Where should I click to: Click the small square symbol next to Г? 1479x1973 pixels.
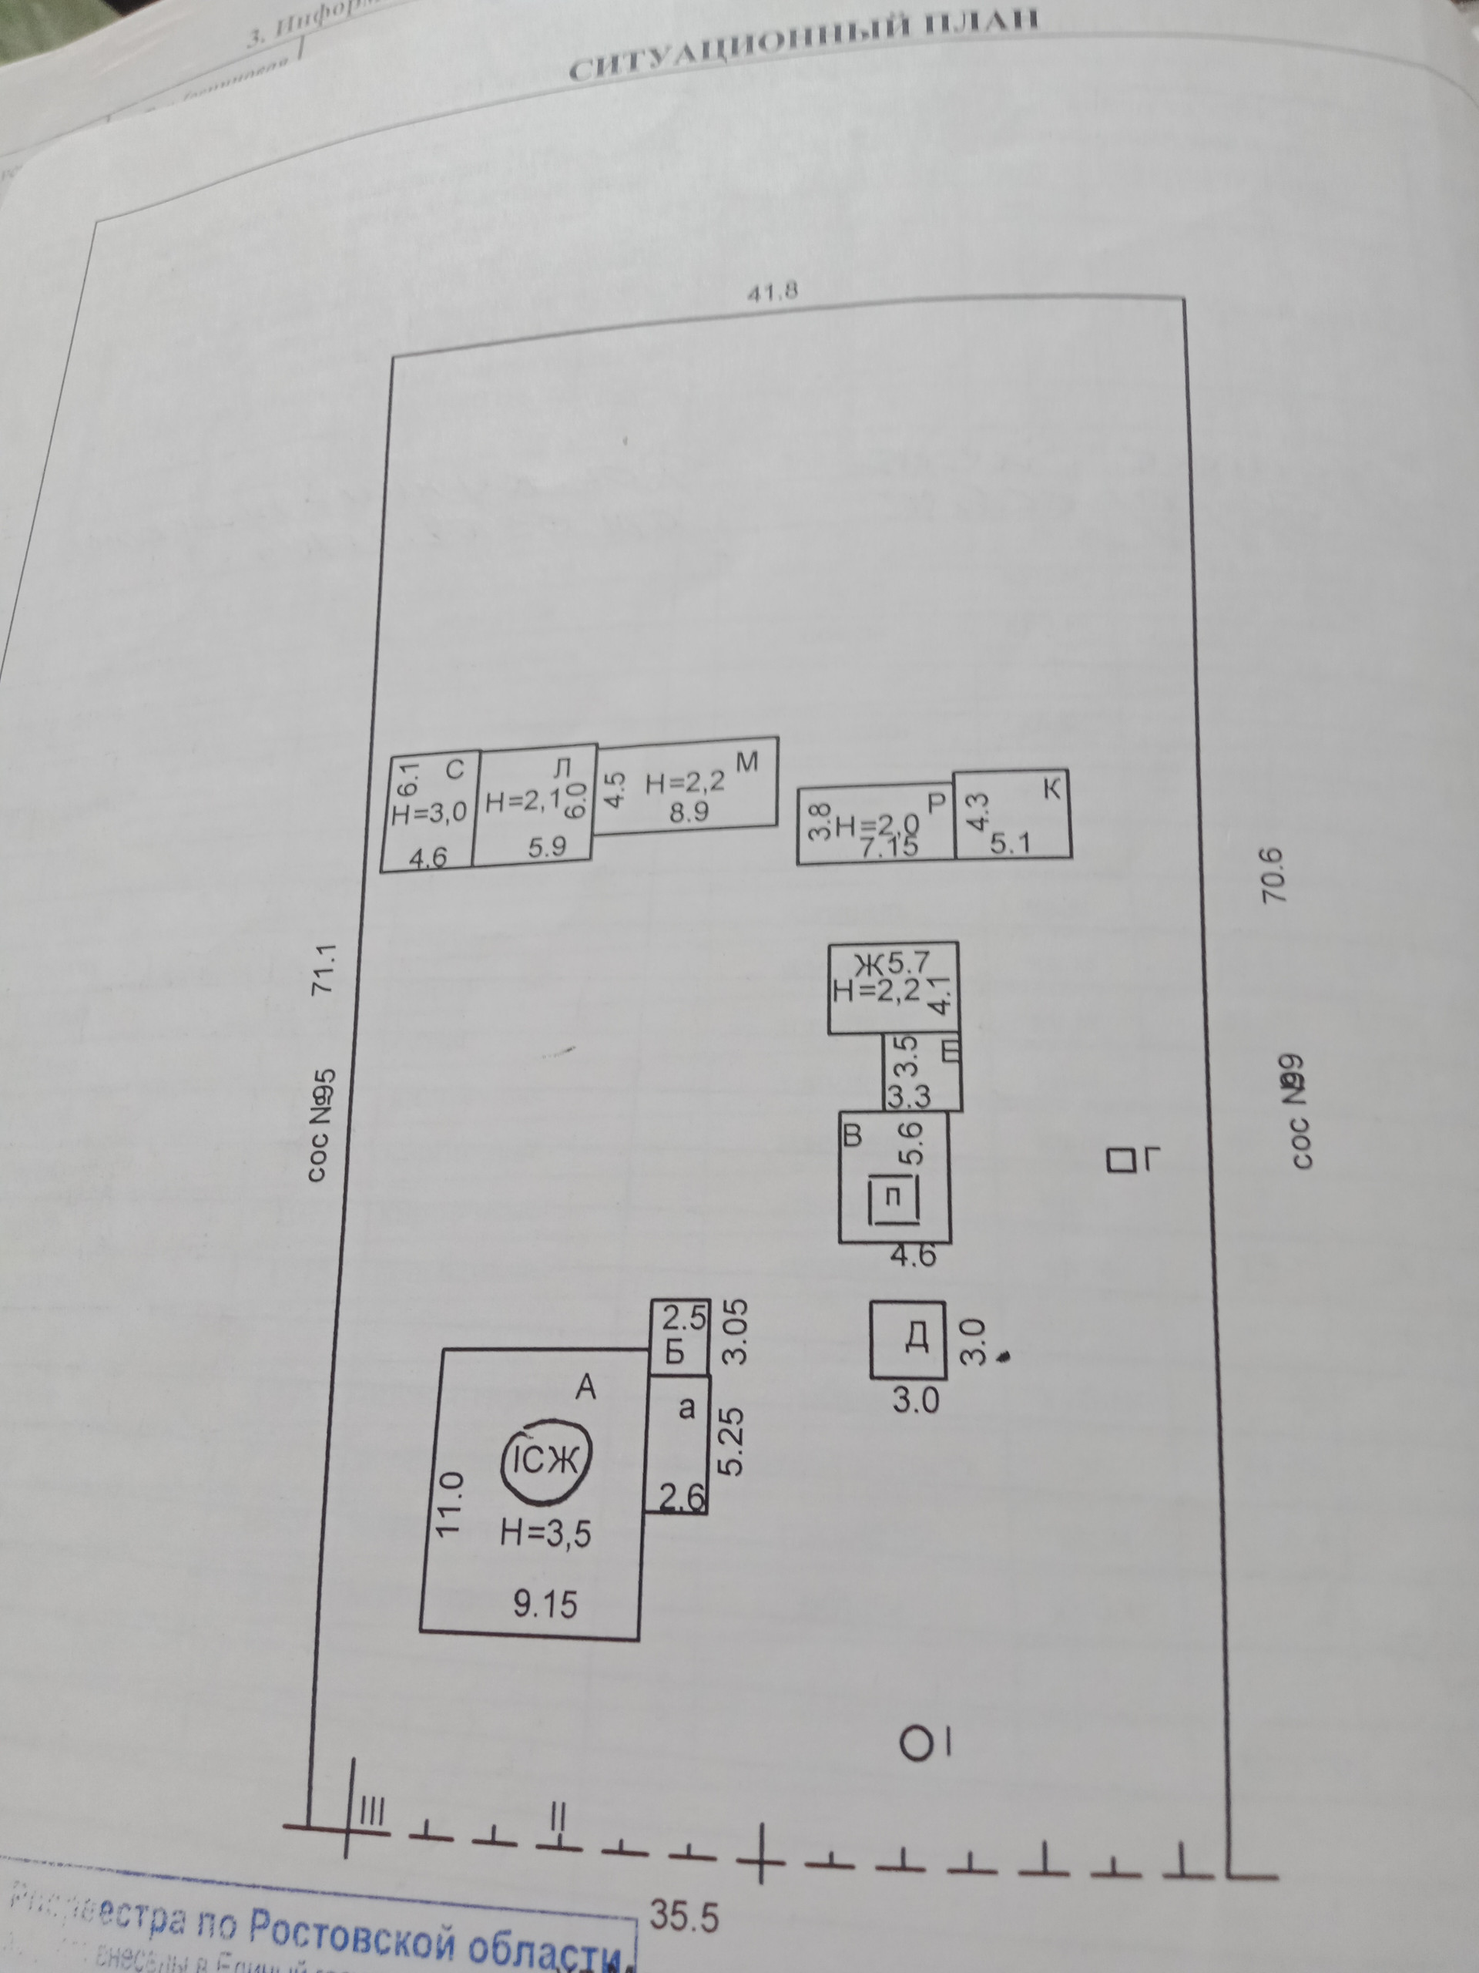pos(1117,1161)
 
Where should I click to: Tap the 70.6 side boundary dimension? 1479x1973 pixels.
pos(1274,875)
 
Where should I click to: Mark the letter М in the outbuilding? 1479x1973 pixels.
pos(747,763)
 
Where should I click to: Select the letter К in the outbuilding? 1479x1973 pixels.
pos(1053,789)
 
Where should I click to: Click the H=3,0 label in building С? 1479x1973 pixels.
pos(429,812)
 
